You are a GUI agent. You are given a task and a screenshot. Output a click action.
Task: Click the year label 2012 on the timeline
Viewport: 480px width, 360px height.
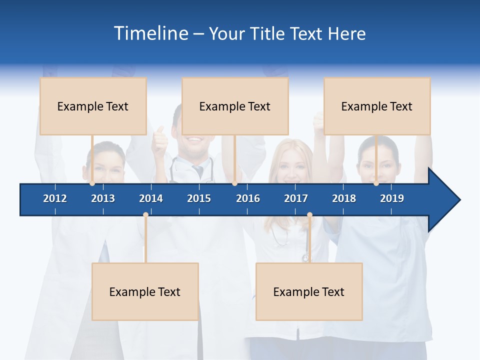click(55, 198)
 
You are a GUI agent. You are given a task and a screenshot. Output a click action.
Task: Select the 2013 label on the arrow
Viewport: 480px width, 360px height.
click(103, 198)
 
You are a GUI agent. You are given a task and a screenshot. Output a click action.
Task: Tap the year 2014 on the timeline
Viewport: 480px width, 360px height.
click(151, 198)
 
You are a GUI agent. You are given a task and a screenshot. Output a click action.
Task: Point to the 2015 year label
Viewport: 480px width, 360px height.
click(199, 198)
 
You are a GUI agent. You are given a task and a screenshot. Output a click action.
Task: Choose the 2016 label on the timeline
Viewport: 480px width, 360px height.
click(248, 198)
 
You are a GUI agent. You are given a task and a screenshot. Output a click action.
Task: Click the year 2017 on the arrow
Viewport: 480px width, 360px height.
click(296, 198)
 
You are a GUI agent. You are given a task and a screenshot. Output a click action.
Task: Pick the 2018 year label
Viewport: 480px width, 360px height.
click(344, 198)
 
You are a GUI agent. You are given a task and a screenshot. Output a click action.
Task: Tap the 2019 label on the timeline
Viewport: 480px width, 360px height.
click(392, 198)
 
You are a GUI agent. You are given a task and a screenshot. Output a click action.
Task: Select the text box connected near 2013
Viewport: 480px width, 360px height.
click(93, 106)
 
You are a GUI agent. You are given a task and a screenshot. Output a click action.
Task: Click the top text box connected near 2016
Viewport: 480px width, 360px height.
click(235, 106)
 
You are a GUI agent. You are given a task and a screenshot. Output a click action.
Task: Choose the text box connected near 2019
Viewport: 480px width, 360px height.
click(377, 106)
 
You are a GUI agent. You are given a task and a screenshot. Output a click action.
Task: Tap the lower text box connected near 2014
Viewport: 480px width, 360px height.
click(145, 291)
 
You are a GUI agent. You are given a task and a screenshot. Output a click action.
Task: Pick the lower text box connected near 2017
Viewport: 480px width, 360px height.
click(309, 291)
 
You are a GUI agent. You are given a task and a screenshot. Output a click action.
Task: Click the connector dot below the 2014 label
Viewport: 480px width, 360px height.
click(145, 215)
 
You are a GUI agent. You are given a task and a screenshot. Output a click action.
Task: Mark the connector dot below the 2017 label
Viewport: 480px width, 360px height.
click(309, 215)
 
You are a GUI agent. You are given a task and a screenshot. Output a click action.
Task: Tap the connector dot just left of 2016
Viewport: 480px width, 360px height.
click(234, 183)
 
